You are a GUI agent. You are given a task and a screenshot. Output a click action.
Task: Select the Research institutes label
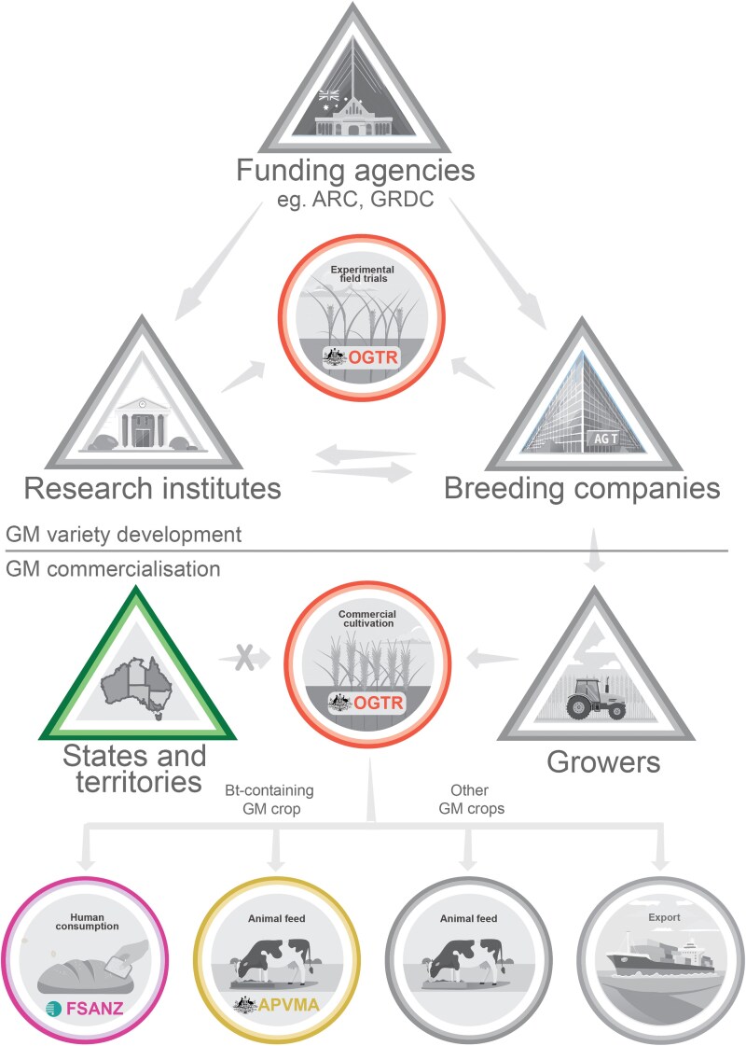point(152,487)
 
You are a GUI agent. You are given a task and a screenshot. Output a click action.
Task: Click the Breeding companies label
point(582,487)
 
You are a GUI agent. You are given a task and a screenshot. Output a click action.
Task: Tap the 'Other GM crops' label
point(471,800)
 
